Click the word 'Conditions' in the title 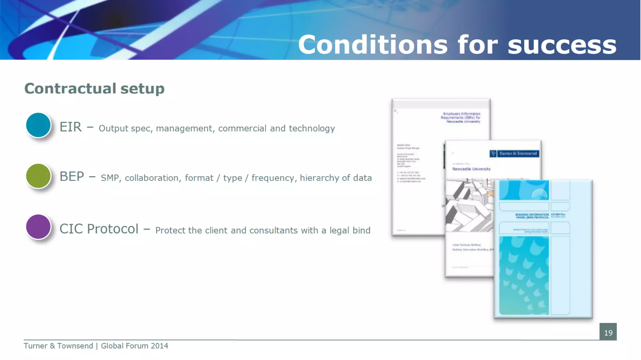pyautogui.click(x=373, y=45)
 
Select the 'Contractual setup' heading pyautogui.click(x=94, y=89)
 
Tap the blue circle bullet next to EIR pyautogui.click(x=38, y=125)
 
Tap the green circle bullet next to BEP pyautogui.click(x=38, y=176)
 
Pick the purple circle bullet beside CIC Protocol pyautogui.click(x=38, y=227)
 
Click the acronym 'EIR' pyautogui.click(x=71, y=127)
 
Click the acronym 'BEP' pyautogui.click(x=72, y=177)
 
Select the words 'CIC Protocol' pyautogui.click(x=99, y=229)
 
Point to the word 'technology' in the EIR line pyautogui.click(x=312, y=128)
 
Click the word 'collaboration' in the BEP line pyautogui.click(x=151, y=178)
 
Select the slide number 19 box pyautogui.click(x=608, y=332)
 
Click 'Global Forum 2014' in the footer pyautogui.click(x=134, y=346)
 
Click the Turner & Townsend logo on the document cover pyautogui.click(x=514, y=153)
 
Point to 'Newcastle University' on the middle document pyautogui.click(x=471, y=169)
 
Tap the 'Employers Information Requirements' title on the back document pyautogui.click(x=461, y=117)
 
